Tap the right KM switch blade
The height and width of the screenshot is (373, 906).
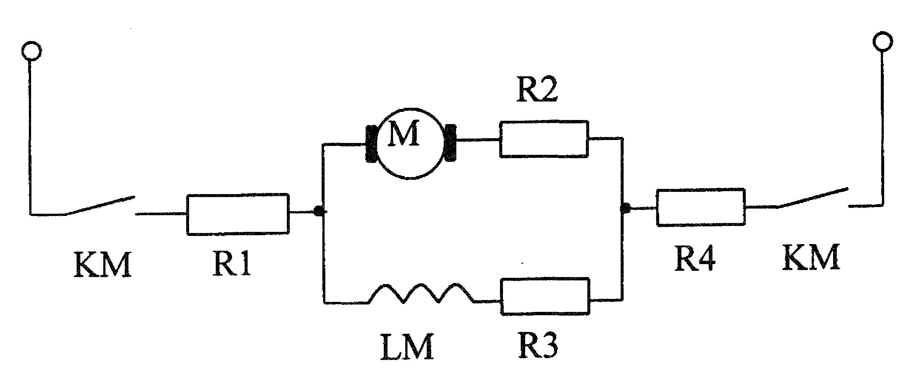point(813,198)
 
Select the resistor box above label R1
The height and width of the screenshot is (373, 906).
point(238,214)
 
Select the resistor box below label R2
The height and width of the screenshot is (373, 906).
point(544,139)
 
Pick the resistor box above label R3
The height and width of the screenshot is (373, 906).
point(545,296)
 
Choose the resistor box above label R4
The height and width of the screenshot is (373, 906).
point(701,207)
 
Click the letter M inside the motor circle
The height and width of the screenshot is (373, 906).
point(403,133)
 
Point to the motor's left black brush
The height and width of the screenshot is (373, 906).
point(371,144)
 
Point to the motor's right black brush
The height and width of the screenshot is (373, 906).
point(450,143)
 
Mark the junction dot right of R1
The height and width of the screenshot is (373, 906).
point(319,212)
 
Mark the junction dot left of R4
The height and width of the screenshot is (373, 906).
point(625,208)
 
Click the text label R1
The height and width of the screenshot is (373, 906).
point(232,264)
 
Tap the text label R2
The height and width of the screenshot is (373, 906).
point(537,89)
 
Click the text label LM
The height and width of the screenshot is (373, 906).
point(407,348)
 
